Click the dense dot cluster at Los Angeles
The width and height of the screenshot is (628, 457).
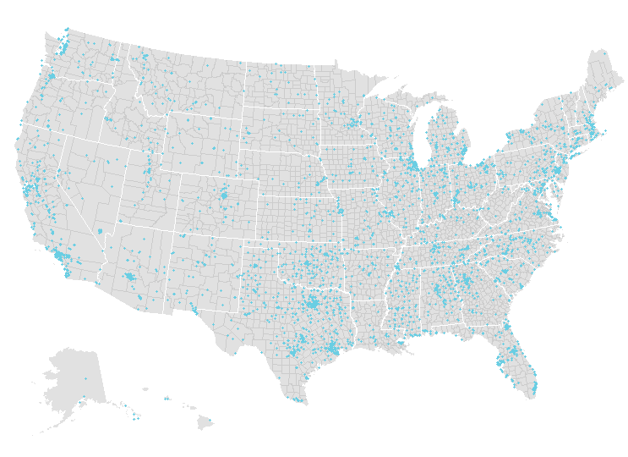61,254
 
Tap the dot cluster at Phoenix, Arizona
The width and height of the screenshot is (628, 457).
129,276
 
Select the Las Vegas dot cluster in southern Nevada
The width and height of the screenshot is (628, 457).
101,230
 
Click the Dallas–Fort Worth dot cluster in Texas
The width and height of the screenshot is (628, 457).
314,302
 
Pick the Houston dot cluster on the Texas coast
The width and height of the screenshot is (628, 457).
333,348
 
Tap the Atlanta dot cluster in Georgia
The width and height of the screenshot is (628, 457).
465,280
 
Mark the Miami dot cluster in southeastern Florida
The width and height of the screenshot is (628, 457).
534,388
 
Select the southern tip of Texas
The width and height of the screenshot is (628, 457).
295,399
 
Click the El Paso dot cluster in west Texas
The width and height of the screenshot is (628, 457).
196,311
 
